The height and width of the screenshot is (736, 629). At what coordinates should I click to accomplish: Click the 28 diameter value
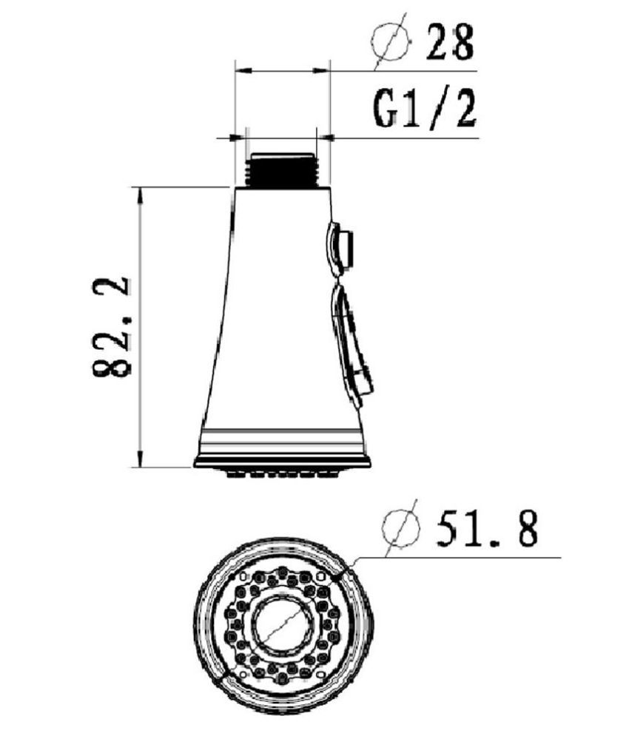[450, 42]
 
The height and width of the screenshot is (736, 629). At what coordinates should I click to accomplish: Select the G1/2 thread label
[425, 109]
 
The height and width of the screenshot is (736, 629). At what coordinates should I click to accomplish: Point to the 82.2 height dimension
[111, 328]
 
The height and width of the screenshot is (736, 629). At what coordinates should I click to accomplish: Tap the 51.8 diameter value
[487, 529]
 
